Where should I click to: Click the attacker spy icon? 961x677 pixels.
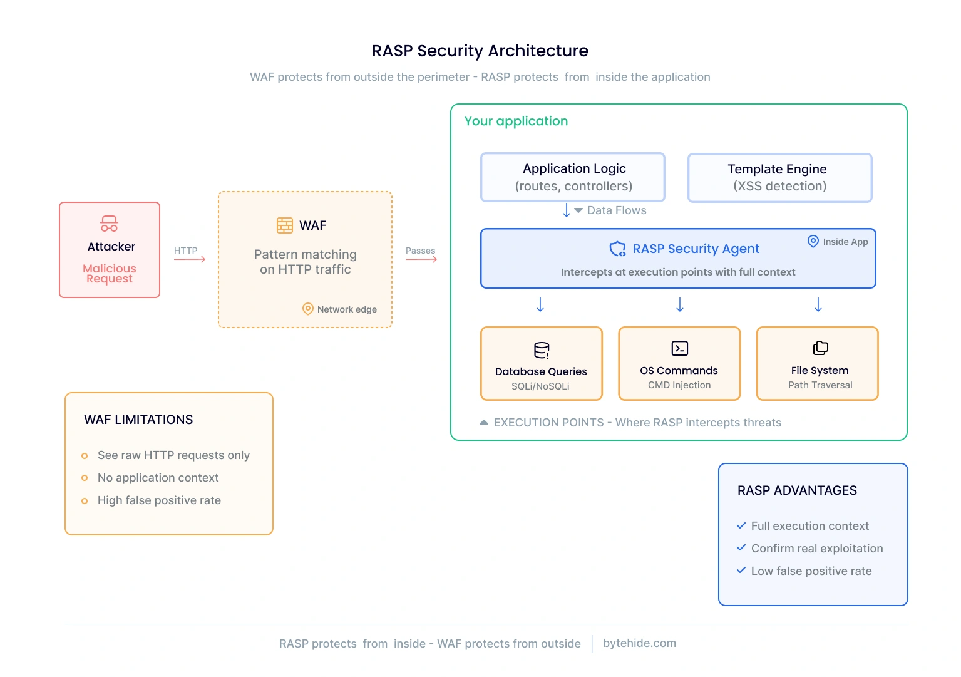(x=110, y=224)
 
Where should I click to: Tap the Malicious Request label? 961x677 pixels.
(x=110, y=274)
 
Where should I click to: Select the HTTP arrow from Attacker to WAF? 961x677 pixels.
(x=190, y=259)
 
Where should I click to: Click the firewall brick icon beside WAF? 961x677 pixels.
(x=285, y=225)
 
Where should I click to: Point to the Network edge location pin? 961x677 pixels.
(x=307, y=309)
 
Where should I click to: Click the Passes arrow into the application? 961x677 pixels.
(x=421, y=259)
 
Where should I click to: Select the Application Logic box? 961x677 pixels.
(x=573, y=177)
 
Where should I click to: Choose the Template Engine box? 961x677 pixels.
(x=779, y=178)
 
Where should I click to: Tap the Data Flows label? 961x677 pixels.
(x=616, y=210)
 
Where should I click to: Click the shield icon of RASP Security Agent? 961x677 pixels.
(x=617, y=249)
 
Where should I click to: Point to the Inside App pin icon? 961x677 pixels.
(x=813, y=241)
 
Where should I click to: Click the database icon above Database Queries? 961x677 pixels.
(x=542, y=350)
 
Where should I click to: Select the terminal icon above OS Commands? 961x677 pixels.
(x=679, y=348)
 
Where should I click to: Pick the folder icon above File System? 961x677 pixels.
(x=820, y=348)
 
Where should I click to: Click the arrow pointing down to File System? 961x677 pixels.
(x=818, y=305)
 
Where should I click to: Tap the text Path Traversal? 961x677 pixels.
(x=820, y=385)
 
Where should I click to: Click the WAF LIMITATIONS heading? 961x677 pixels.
(x=138, y=420)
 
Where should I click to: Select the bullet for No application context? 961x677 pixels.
(x=85, y=478)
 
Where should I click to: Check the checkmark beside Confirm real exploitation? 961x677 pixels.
(x=741, y=548)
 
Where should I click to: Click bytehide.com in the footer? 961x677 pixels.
(x=639, y=643)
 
